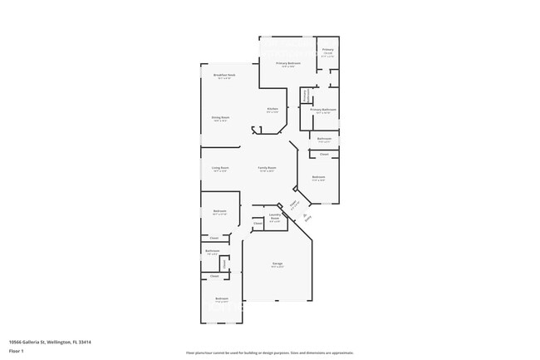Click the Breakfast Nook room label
coord(224,76)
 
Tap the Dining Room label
coord(220,118)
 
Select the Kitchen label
coord(272,110)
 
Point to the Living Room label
coord(220,168)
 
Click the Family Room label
coord(267,168)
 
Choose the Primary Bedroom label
coord(288,63)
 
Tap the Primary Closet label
coord(328,52)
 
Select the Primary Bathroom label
coord(324,110)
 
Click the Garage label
coord(277,264)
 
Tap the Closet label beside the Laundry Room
coord(258,223)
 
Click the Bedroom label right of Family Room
coord(319,177)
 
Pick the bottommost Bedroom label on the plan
coord(222,298)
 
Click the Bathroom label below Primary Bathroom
coord(324,139)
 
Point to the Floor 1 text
coord(16,351)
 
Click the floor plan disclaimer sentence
coord(270,353)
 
